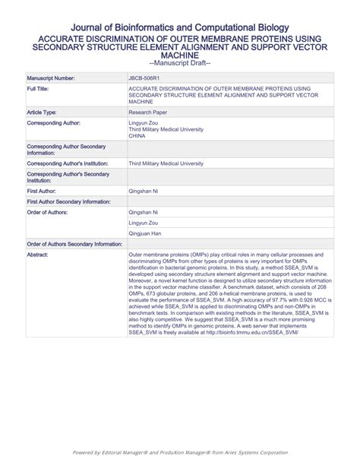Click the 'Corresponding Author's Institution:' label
(67, 163)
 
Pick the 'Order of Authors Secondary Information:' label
(74, 244)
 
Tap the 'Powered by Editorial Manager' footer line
(180, 452)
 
